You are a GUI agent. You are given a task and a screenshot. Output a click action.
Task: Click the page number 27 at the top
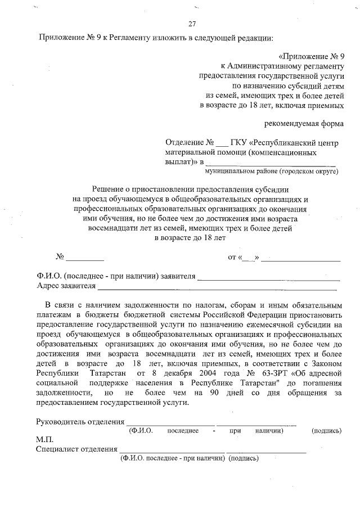point(192,24)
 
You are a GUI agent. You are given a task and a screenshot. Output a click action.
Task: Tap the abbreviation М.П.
point(44,439)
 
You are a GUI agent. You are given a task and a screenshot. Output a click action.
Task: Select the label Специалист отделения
point(75,449)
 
